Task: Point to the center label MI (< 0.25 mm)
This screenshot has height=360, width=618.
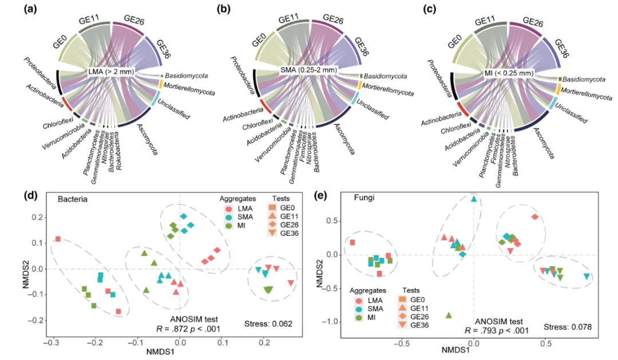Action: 508,73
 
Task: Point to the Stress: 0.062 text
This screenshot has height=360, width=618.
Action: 268,324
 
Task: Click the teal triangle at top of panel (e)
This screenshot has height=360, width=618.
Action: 474,199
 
